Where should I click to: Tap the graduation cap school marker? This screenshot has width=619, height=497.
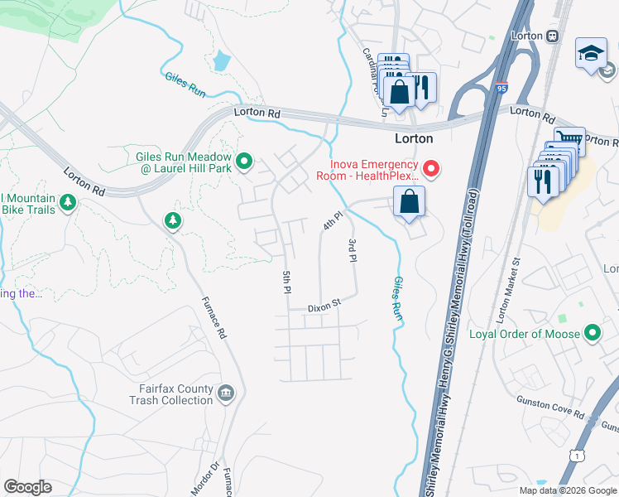pyautogui.click(x=591, y=54)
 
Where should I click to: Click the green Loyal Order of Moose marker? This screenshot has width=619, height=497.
pyautogui.click(x=592, y=334)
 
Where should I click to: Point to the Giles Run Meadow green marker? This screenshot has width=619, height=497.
pyautogui.click(x=244, y=162)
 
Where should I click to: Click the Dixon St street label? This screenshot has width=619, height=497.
pyautogui.click(x=324, y=306)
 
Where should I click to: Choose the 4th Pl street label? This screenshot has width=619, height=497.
pyautogui.click(x=332, y=221)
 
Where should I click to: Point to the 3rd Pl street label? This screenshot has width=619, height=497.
pyautogui.click(x=353, y=250)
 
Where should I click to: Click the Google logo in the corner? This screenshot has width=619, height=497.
pyautogui.click(x=27, y=487)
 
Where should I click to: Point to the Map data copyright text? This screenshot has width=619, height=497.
pyautogui.click(x=568, y=490)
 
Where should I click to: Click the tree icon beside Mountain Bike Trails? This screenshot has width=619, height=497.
pyautogui.click(x=67, y=202)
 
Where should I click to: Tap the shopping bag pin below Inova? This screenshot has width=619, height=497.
pyautogui.click(x=409, y=202)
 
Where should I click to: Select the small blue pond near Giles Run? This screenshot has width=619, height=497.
pyautogui.click(x=221, y=60)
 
